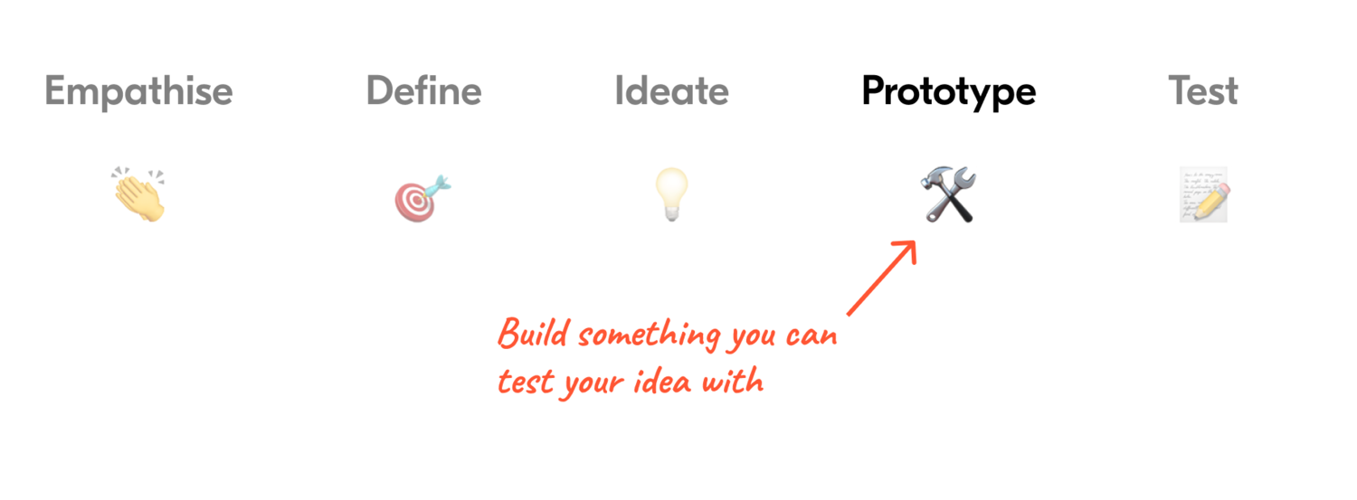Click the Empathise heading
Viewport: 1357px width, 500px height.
point(138,91)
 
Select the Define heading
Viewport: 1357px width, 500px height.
point(423,91)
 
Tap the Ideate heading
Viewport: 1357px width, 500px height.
point(671,91)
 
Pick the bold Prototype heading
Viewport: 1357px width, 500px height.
point(948,91)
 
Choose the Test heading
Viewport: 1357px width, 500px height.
point(1202,91)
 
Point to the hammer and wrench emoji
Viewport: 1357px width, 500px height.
point(949,195)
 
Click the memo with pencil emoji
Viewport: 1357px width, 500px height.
point(1204,195)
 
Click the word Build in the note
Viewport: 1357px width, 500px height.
point(535,335)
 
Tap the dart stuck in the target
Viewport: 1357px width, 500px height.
point(438,186)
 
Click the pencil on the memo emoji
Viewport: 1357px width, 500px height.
point(1213,200)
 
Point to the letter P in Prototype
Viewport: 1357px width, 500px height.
point(874,91)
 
